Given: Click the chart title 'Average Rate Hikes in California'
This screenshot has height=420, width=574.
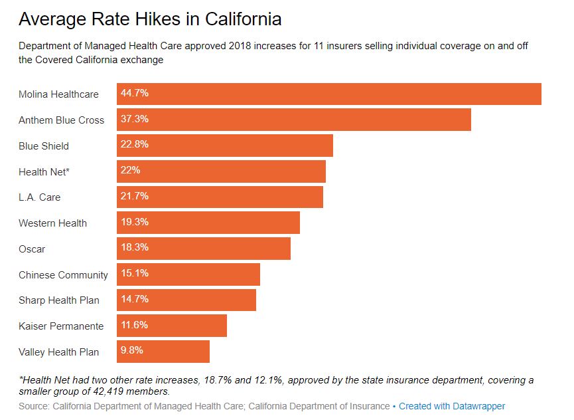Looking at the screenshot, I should point(150,19).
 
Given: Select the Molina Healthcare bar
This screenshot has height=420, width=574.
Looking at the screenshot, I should point(328,94).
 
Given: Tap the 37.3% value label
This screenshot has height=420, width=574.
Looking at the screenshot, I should point(134,119).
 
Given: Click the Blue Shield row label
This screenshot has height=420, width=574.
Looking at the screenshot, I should point(44,146).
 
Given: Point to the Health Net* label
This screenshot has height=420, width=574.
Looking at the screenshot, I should point(44,171).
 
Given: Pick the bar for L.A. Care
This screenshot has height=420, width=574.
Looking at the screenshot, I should point(220,197).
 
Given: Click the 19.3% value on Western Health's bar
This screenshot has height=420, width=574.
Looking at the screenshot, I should point(134,222).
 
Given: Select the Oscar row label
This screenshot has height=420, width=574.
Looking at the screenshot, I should point(32,249).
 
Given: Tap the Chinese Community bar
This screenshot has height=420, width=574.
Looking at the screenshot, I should point(188,274).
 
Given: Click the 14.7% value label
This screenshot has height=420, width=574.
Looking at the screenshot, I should point(134,299).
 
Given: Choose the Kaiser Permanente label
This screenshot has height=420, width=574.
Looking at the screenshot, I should point(61,326).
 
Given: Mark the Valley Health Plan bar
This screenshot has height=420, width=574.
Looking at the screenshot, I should point(163,352).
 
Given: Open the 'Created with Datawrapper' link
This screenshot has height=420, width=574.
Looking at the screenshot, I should point(452,406).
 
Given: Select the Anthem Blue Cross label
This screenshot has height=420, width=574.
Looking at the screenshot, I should point(62,120).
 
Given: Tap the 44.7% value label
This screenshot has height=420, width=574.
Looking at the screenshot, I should point(134,93).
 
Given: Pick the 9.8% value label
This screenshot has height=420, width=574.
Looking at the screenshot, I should point(131,350).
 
